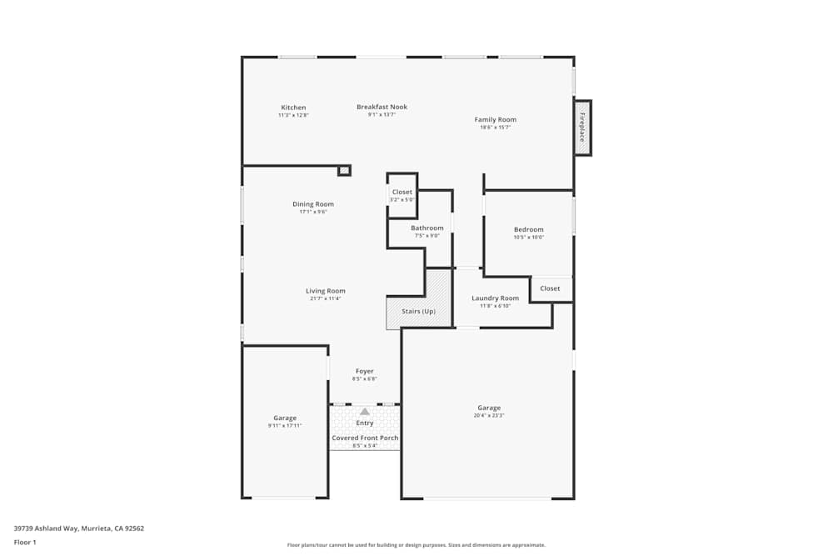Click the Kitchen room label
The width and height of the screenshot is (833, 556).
coord(293,108)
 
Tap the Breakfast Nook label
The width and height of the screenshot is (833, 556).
coord(382,107)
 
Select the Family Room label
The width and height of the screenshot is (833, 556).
coord(496,120)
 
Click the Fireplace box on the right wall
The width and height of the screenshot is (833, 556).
coord(582,127)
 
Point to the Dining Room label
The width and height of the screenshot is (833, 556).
coord(313,204)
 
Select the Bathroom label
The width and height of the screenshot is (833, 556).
coord(427,228)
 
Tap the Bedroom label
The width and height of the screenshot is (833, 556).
coord(528,230)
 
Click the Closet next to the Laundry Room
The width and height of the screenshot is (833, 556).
coord(550,288)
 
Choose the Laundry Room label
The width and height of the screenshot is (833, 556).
coord(495,298)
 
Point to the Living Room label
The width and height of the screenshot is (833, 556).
coord(325,291)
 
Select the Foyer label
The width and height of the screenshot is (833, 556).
coord(365,372)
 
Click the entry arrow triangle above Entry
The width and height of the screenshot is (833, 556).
coord(365,411)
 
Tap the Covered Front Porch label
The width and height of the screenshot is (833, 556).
coord(365,438)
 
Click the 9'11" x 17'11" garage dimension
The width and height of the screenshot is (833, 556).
coord(285,425)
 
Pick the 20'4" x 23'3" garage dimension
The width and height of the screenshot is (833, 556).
coord(489,415)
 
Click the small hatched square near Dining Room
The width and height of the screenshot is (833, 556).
coord(344,170)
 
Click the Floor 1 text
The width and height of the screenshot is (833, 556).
coord(25,542)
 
